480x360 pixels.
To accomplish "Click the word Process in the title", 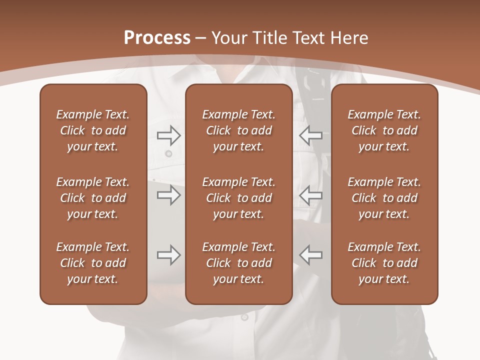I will (157, 38).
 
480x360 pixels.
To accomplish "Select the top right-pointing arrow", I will (168, 134).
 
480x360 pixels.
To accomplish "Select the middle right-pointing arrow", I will (168, 195).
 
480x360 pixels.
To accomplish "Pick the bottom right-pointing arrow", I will (168, 255).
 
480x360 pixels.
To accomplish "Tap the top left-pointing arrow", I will (311, 134).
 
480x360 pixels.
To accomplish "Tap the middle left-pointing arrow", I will (311, 195).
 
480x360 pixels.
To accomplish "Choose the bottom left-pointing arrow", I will (311, 255).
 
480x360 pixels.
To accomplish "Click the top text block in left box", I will (93, 130).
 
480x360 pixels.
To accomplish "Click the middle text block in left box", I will (93, 198).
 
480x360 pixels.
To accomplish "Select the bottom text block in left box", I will (93, 263).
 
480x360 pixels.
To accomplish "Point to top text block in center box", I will (238, 130).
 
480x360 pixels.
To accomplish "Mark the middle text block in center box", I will (238, 198).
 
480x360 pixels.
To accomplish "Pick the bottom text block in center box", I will (238, 263).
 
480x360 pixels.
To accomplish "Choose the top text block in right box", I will (384, 130).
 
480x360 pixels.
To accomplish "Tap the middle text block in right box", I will (384, 198).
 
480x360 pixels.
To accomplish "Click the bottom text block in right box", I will (384, 263).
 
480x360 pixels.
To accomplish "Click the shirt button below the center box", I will (244, 317).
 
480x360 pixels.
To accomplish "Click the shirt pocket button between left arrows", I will (168, 153).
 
